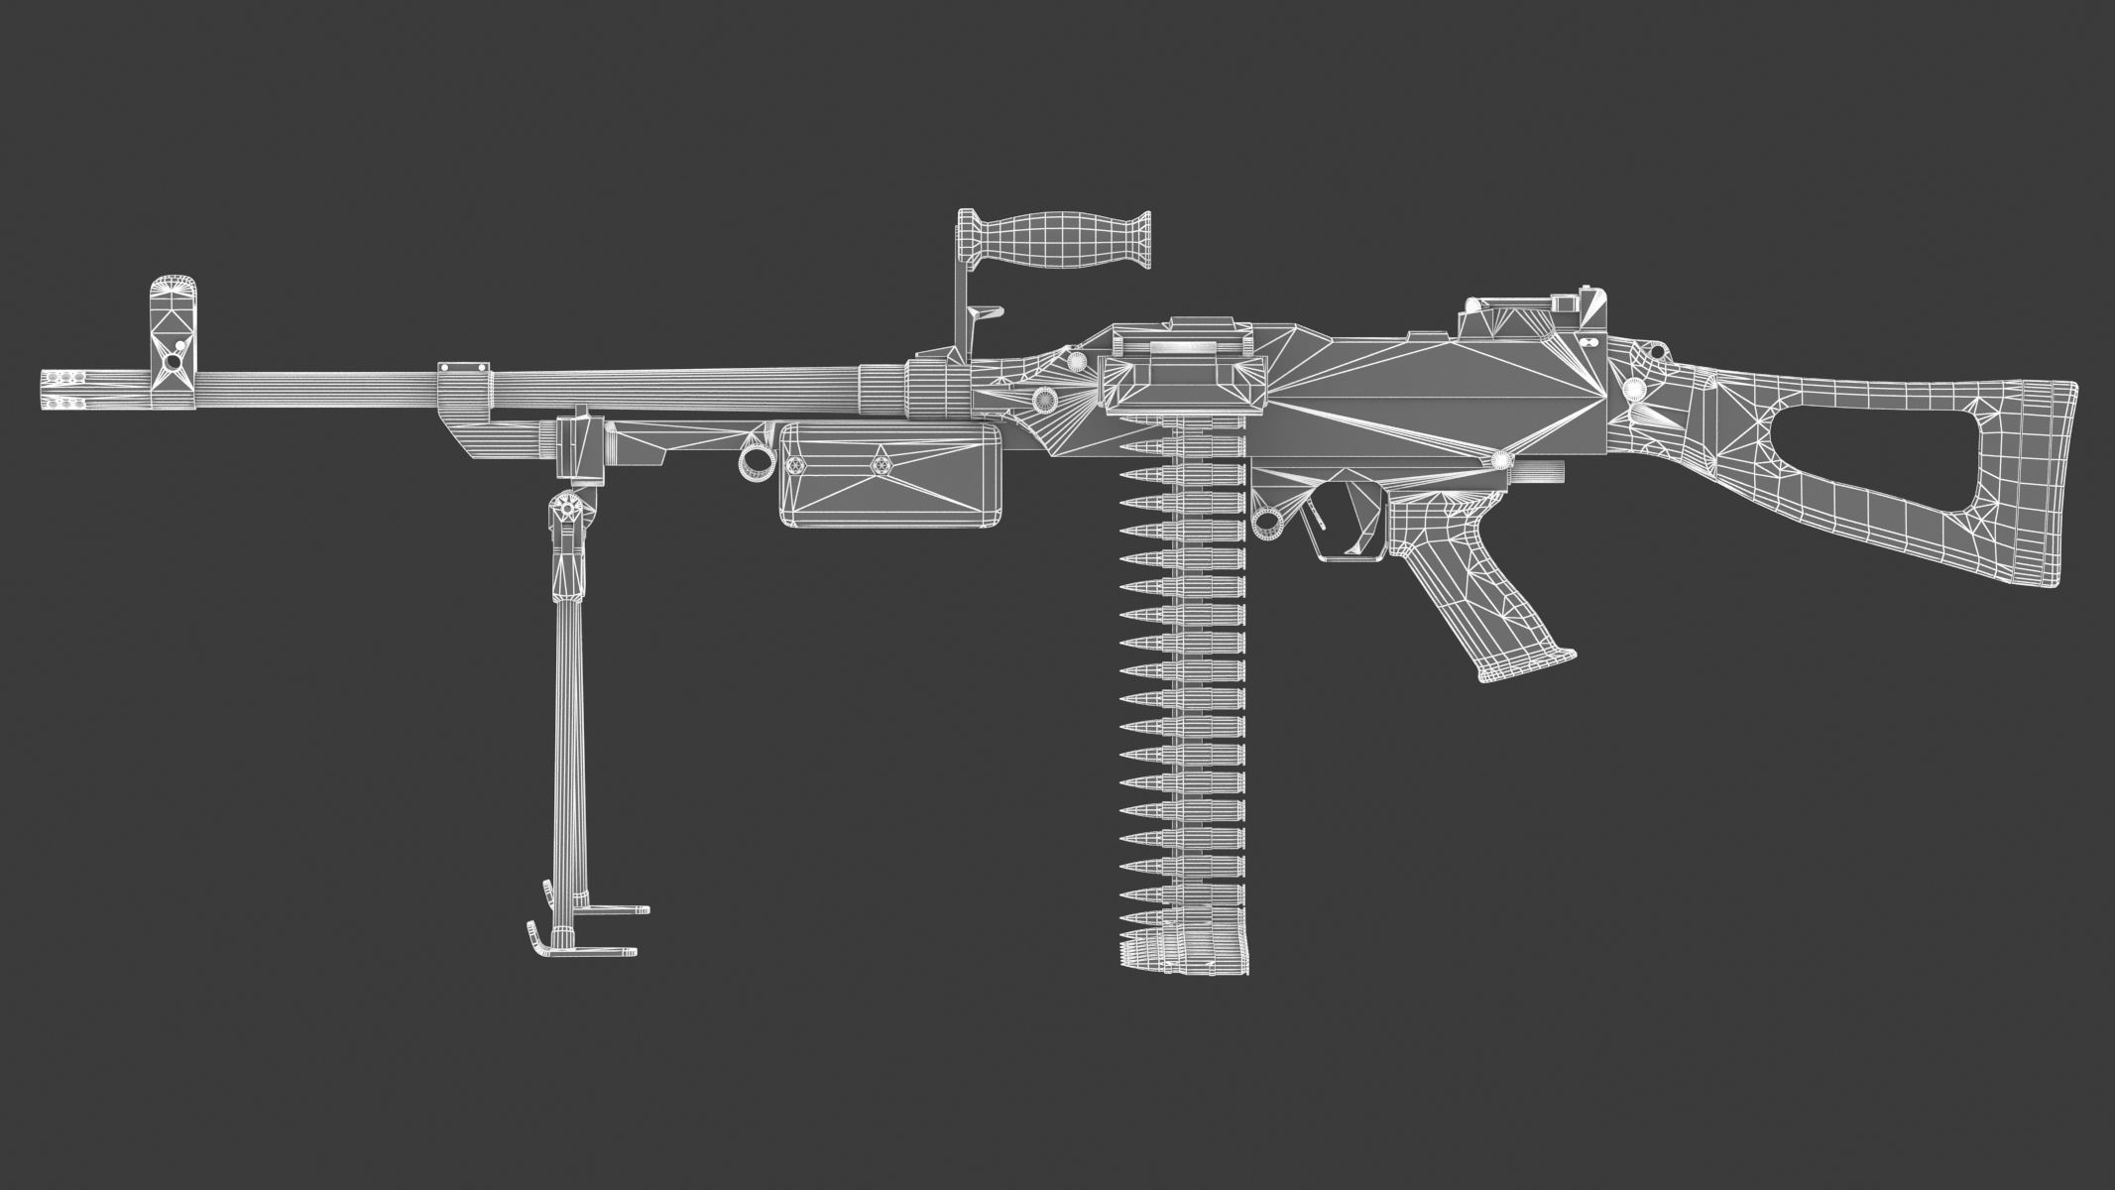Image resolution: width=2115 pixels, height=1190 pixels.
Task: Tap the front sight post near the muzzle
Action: (x=175, y=327)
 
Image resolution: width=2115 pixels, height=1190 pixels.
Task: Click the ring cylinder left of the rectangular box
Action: (x=759, y=460)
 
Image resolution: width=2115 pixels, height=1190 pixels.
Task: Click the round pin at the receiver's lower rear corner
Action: (x=1500, y=459)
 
